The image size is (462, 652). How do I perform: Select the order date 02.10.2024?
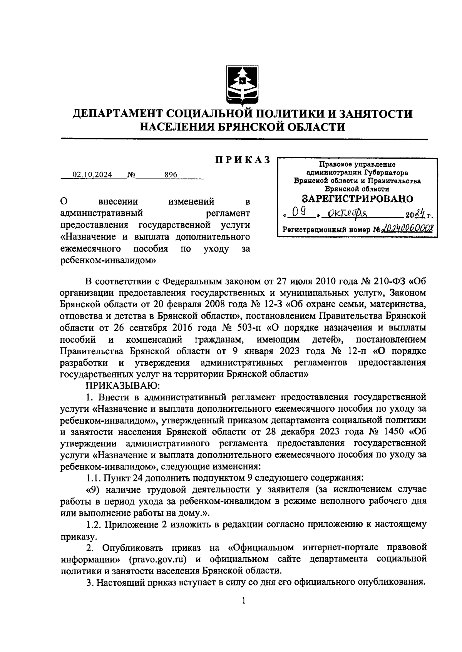coord(93,175)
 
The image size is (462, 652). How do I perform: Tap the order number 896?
coord(171,175)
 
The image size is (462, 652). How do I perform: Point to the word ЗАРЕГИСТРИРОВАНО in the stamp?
coord(357,199)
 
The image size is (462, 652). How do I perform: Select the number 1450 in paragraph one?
coord(393,431)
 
